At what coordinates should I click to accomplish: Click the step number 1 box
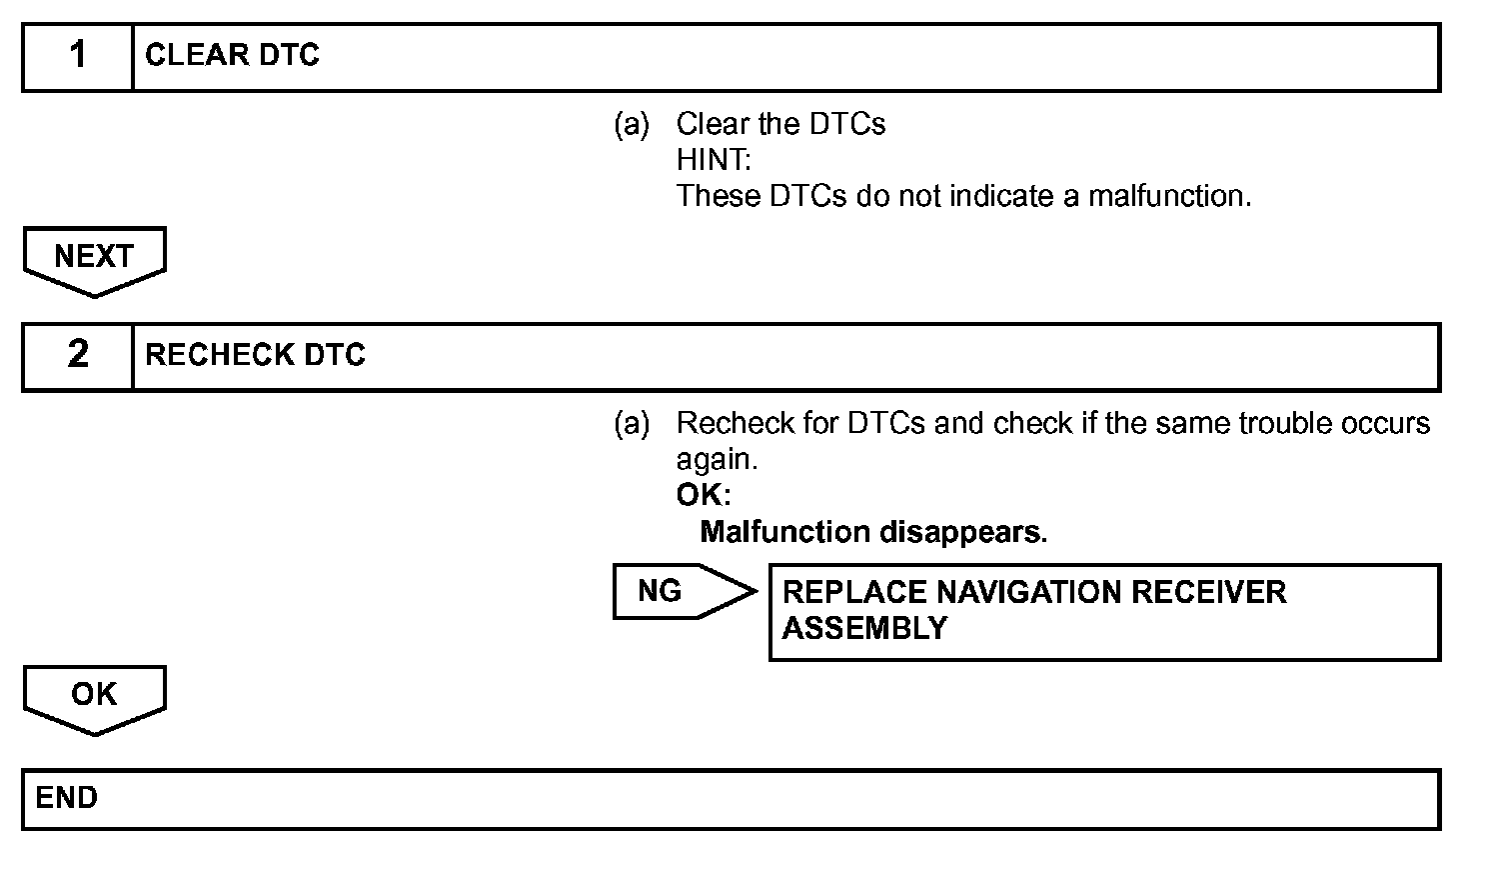78,56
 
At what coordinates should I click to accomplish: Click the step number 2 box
78,355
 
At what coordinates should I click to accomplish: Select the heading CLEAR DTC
232,56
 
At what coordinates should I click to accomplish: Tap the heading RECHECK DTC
255,355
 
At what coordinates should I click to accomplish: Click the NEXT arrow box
94,258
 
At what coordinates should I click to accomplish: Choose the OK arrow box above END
94,695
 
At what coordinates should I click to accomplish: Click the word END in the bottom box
66,798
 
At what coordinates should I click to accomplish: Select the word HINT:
714,160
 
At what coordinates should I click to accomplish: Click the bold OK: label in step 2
704,495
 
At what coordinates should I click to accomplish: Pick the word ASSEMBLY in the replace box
864,628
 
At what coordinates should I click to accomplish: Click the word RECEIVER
1208,592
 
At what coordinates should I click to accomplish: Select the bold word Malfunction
785,532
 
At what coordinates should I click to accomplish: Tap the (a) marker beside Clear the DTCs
632,124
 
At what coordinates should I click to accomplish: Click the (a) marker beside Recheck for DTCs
632,424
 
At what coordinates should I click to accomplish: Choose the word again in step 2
717,460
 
